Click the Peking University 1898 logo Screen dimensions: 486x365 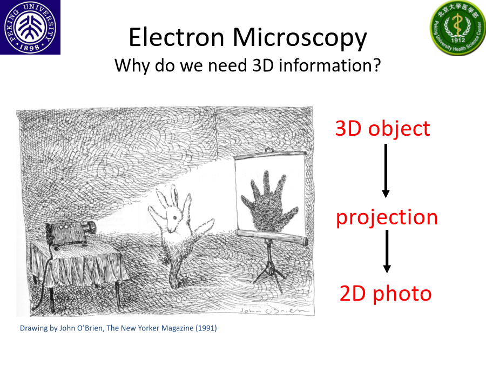pos(30,28)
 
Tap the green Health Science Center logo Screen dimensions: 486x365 pos(458,28)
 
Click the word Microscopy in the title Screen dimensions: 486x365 pos(299,38)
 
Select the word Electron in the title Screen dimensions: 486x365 pos(177,37)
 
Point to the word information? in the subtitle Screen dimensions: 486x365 pos(330,65)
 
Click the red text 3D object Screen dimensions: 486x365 pos(382,129)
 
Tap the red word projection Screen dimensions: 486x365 pos(387,218)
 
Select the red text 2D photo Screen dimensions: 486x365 pos(386,294)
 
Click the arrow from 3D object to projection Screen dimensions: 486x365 pos(386,171)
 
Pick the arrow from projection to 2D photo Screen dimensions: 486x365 pos(387,251)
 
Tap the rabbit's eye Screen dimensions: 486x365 pos(175,217)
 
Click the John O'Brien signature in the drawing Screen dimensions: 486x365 pos(274,310)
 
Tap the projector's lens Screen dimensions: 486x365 pos(92,228)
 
